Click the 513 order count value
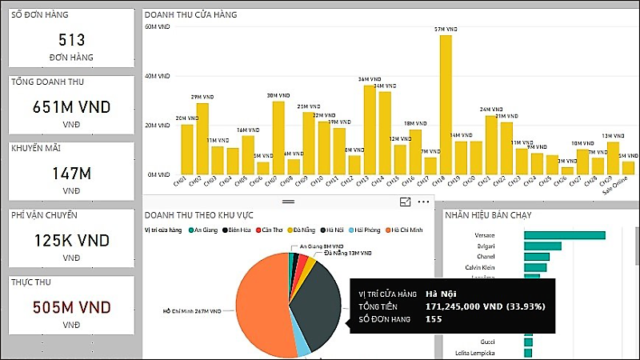tap(70, 39)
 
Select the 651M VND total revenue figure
tap(70, 106)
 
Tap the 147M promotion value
tap(70, 173)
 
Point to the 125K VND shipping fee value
tap(70, 240)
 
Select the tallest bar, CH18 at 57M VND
tap(446, 104)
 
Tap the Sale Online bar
tap(628, 168)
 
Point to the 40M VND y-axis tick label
tap(158, 76)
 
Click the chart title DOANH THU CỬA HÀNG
tap(190, 15)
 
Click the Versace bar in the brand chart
tap(564, 234)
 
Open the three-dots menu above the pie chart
tap(423, 203)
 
